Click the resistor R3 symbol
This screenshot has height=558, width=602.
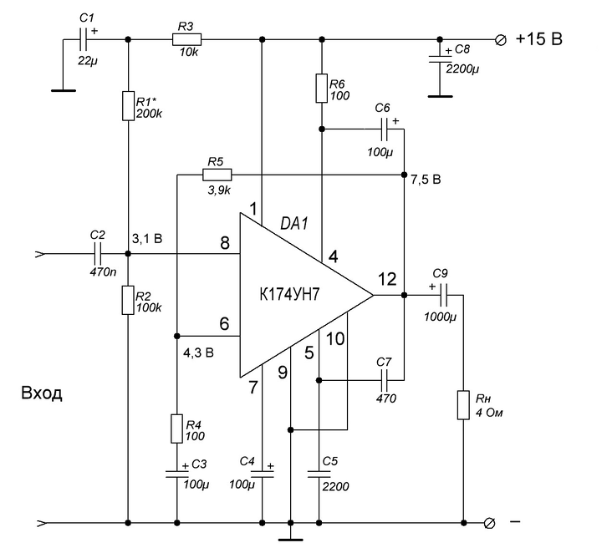(186, 39)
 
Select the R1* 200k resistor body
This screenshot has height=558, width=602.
(128, 106)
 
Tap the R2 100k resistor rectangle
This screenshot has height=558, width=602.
(128, 300)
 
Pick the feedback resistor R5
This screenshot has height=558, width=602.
(217, 175)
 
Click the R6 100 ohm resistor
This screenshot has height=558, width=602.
(322, 89)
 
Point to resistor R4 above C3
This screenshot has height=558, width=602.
(176, 429)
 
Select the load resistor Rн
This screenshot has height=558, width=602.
(463, 405)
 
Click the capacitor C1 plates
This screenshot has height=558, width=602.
(84, 39)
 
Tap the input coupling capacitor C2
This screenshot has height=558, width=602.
(98, 254)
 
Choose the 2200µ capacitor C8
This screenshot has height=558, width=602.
(440, 58)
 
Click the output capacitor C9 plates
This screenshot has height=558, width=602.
(444, 295)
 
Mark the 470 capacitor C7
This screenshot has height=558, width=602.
(385, 380)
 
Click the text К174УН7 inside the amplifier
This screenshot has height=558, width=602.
(289, 295)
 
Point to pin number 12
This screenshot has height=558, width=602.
(387, 279)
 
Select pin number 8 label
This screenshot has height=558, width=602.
(225, 243)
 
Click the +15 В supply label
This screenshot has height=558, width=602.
(539, 39)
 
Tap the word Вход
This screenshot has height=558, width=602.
(42, 393)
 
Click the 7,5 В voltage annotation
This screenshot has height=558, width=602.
(426, 180)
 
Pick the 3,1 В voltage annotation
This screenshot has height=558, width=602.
(147, 239)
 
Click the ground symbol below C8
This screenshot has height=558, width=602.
(440, 96)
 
